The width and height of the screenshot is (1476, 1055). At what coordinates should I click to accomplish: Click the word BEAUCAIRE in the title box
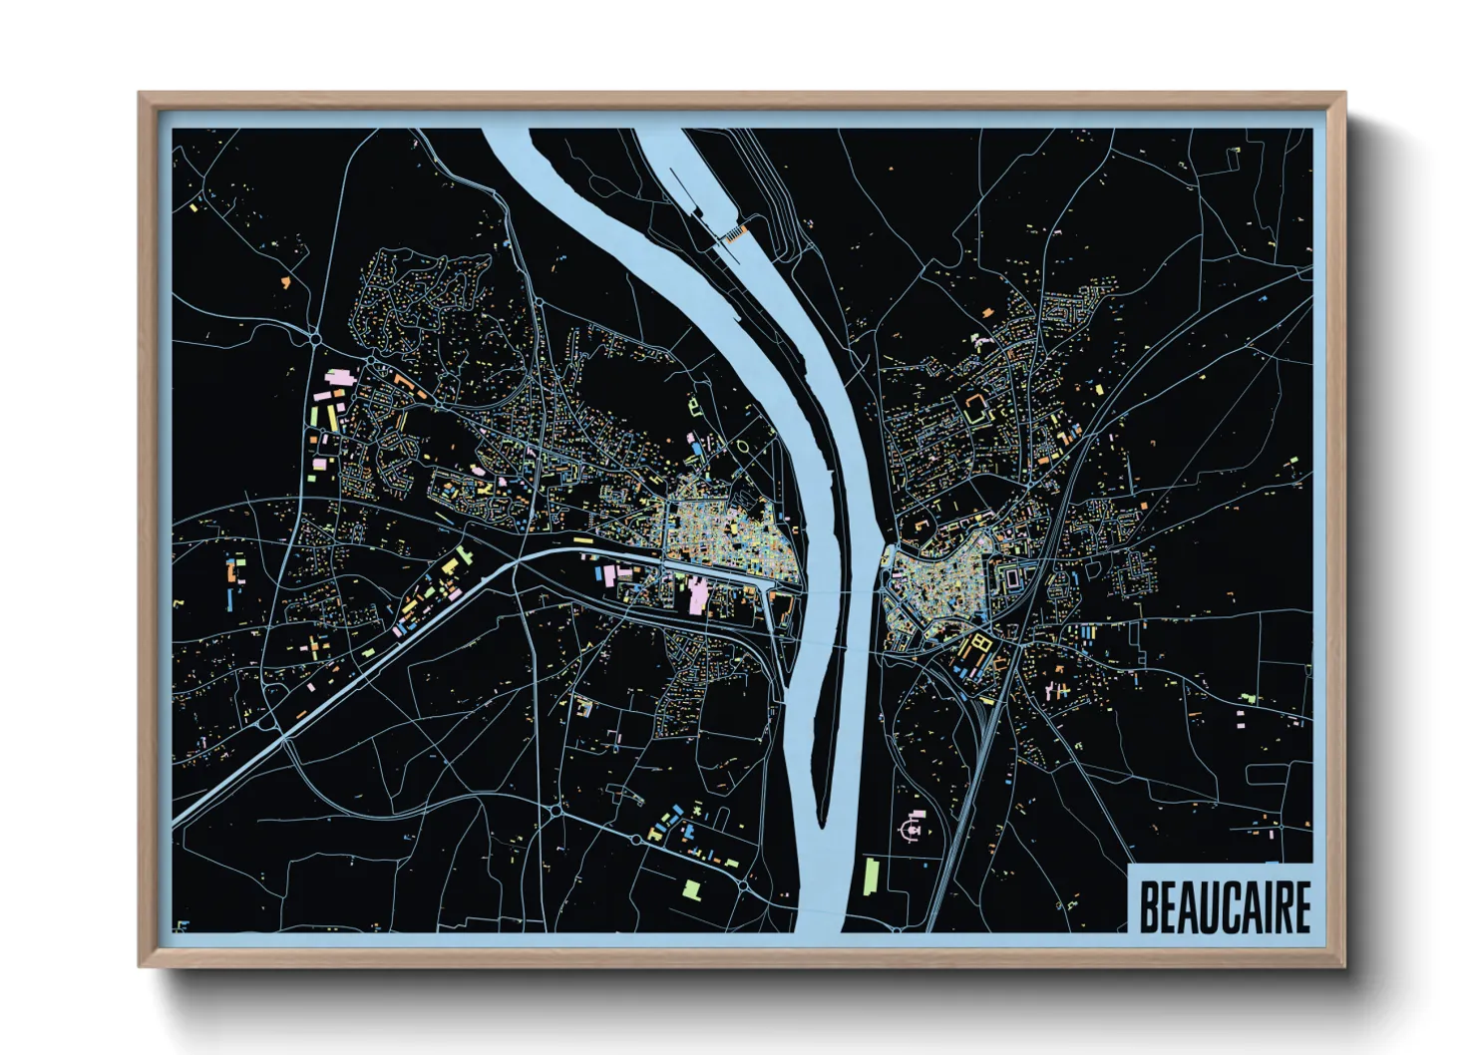pos(1224,906)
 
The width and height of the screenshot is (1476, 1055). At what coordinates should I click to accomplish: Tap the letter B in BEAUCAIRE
pos(1149,906)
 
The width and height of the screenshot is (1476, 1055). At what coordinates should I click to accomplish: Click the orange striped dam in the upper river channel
pos(735,233)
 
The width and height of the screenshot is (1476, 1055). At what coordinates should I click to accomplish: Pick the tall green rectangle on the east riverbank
pos(871,877)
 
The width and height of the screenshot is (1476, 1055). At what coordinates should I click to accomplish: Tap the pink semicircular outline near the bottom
pos(912,828)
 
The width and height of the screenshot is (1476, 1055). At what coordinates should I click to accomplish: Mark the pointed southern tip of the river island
pos(822,824)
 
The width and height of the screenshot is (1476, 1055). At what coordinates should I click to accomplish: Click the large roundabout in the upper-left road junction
pos(316,339)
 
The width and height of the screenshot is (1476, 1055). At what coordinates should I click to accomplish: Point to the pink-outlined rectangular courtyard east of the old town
pos(1012,577)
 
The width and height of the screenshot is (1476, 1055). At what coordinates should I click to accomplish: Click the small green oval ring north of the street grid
pos(744,445)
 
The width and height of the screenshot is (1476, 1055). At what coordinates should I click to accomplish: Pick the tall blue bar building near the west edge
pos(231,599)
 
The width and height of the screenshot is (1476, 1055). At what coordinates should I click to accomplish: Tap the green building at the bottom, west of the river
pos(692,888)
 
